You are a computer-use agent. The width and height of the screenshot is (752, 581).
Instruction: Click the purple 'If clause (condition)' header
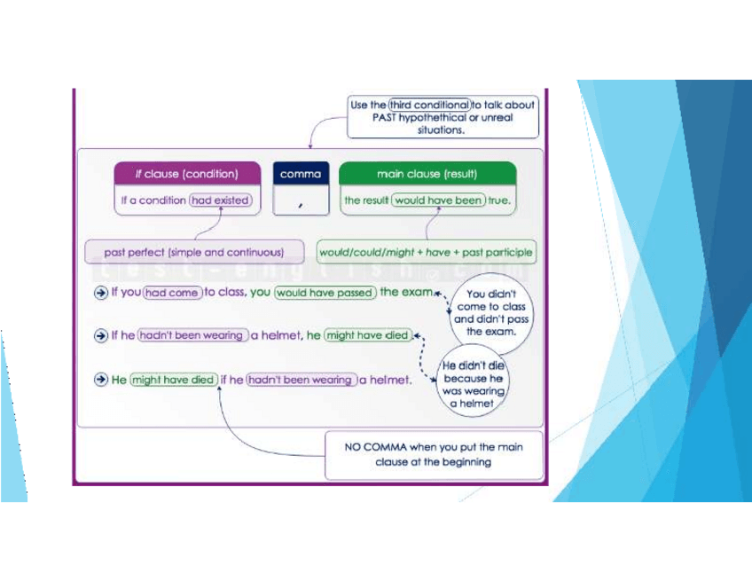pyautogui.click(x=187, y=174)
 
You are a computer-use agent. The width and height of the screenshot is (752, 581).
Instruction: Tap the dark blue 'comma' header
pyautogui.click(x=300, y=174)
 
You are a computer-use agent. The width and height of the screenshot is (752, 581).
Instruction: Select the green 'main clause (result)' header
pyautogui.click(x=427, y=174)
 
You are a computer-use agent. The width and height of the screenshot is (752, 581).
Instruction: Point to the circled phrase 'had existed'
pyautogui.click(x=221, y=200)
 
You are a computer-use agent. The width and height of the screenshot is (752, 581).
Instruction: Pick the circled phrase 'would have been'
pyautogui.click(x=439, y=200)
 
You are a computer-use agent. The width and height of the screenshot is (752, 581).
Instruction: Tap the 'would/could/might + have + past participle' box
pyautogui.click(x=426, y=252)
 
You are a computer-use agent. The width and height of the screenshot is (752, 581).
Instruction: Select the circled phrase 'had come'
pyautogui.click(x=171, y=293)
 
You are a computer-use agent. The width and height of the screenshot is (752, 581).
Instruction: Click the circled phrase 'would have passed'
pyautogui.click(x=325, y=293)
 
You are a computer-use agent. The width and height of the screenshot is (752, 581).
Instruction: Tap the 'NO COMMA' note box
pyautogui.click(x=434, y=454)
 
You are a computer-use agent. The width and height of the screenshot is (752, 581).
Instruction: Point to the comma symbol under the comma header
pyautogui.click(x=301, y=204)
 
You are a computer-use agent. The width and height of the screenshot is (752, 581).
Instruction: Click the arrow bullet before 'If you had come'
pyautogui.click(x=101, y=293)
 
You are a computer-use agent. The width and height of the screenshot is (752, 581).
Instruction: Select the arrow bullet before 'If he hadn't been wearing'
pyautogui.click(x=101, y=335)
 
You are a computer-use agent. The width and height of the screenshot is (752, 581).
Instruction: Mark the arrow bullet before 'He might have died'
pyautogui.click(x=101, y=380)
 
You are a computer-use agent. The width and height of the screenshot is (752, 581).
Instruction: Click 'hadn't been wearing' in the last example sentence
pyautogui.click(x=302, y=380)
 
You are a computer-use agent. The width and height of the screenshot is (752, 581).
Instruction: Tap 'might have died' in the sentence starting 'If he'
pyautogui.click(x=367, y=335)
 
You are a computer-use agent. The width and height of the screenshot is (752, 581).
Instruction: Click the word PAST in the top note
pyautogui.click(x=366, y=117)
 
